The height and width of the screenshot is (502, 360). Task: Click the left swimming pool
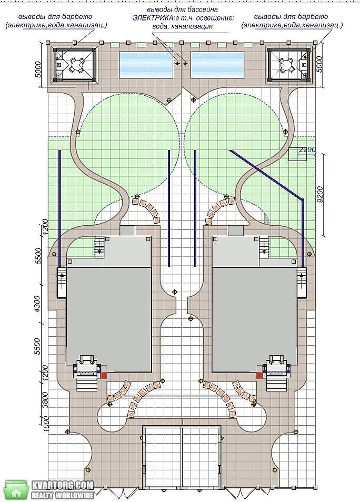[x=146, y=65]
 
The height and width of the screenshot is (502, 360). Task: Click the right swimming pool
[x=217, y=65]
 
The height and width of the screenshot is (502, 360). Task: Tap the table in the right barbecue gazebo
[x=285, y=65]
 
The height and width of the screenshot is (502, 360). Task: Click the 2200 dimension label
[x=307, y=149]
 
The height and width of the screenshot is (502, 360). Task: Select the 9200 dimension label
[x=321, y=195]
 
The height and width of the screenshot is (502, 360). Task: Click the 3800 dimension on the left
[x=45, y=400]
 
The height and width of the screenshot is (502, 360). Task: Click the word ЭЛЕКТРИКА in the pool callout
[x=152, y=18]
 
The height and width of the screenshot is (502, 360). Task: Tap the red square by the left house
[x=104, y=375]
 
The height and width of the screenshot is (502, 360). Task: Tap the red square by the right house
[x=259, y=375]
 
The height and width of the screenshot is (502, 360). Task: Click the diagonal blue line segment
[x=266, y=175]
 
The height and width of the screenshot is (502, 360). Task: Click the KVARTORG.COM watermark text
[x=63, y=485]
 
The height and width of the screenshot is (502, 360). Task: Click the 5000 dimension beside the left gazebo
[x=38, y=69]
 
